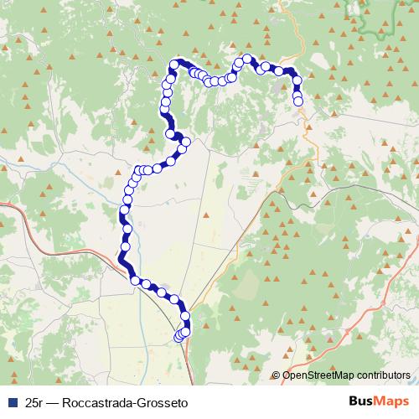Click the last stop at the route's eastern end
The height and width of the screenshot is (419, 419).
tap(298, 101)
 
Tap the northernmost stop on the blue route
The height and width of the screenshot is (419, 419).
tap(247, 59)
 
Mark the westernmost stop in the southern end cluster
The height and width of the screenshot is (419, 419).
tap(178, 337)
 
